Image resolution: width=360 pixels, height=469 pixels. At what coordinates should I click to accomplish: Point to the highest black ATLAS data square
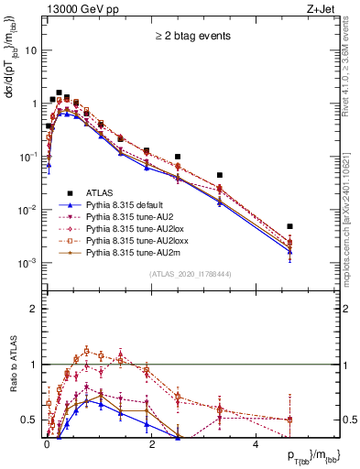click(59, 93)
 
